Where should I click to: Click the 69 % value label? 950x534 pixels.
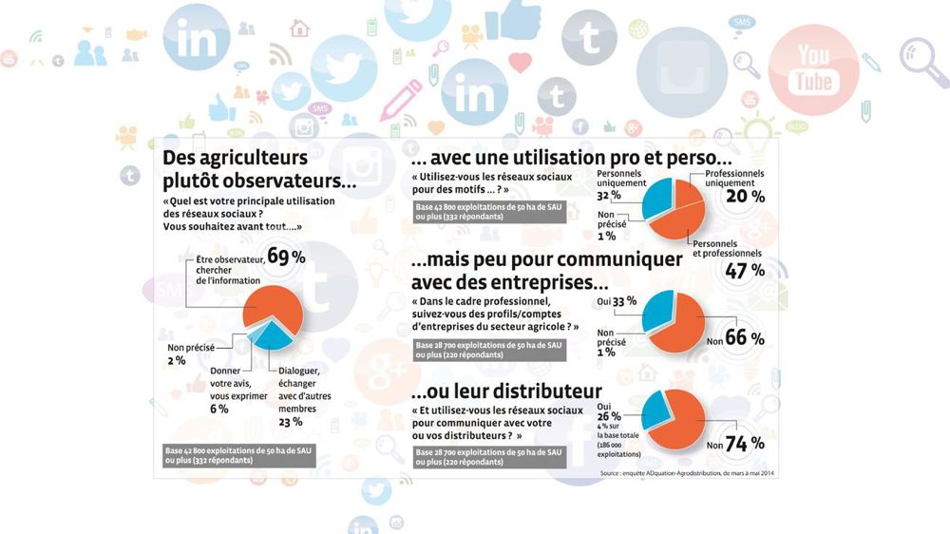point(286,256)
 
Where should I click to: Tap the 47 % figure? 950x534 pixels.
point(745,270)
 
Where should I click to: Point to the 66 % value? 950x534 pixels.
point(745,338)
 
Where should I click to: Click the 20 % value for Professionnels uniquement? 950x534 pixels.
point(745,197)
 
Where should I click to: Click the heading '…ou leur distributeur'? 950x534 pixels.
point(505,391)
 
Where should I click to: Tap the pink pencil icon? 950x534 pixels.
point(402,100)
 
